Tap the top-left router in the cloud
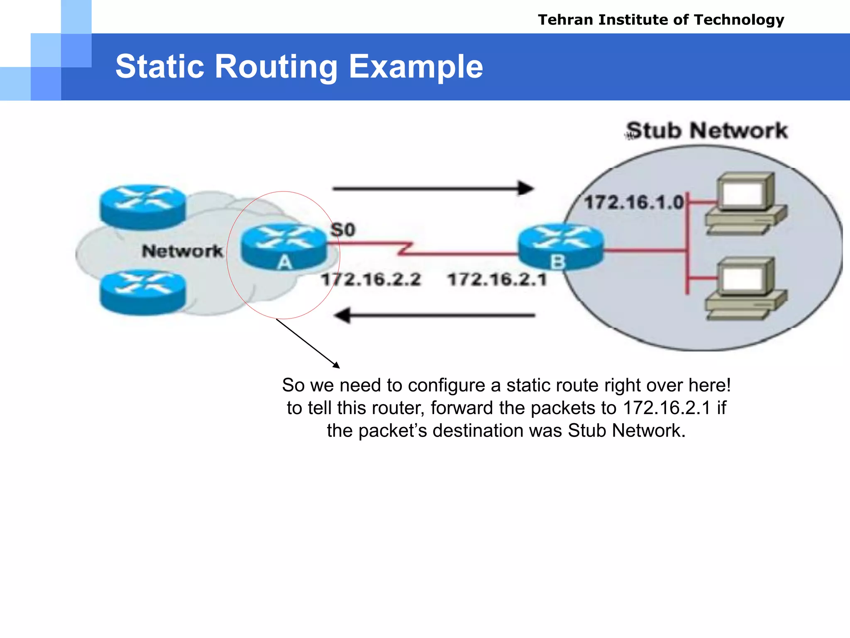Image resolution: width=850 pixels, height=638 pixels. coord(143,206)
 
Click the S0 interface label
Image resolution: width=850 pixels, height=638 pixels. coord(343,230)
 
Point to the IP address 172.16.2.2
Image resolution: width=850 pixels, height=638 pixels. coord(371,279)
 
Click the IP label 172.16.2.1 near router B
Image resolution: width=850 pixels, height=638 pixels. coord(497,279)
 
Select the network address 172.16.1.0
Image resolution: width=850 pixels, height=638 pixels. coord(633,203)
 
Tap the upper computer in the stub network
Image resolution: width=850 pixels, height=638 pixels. coord(745,204)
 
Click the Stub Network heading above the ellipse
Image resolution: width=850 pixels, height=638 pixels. coord(707,130)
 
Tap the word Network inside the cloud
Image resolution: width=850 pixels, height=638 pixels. coord(182,251)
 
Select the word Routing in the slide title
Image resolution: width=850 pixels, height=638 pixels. coord(276,66)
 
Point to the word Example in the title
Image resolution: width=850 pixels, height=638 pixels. coord(416,66)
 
